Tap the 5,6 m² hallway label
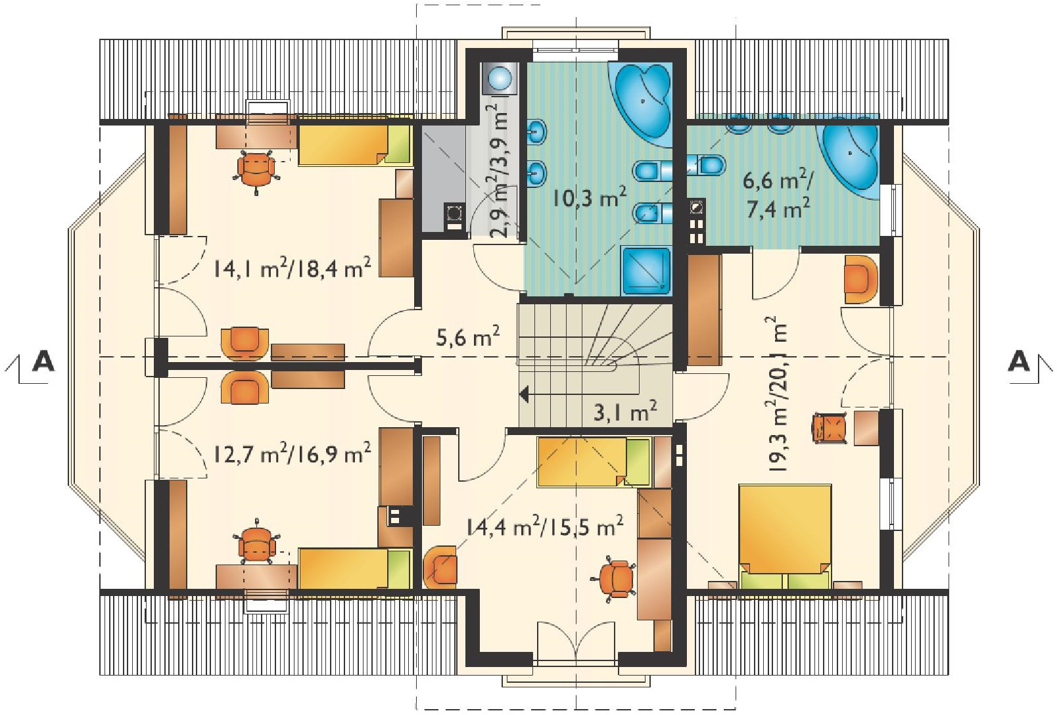(x=467, y=336)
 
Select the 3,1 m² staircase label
(x=624, y=411)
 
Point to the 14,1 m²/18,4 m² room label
(x=292, y=268)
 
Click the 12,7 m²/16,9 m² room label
(x=292, y=453)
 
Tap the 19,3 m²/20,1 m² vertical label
(x=778, y=394)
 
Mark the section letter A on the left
(x=43, y=361)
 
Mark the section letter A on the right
(x=1019, y=361)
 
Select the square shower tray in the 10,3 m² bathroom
(x=646, y=270)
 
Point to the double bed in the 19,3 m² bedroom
(x=785, y=537)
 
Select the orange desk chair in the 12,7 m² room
(x=256, y=543)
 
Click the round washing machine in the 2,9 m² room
(x=499, y=76)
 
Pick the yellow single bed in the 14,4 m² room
(x=594, y=462)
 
